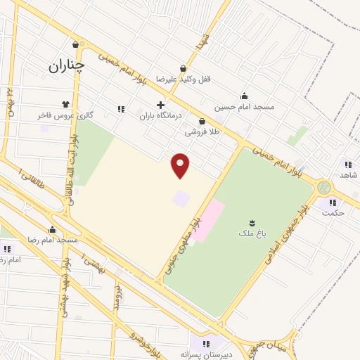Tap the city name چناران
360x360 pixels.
point(67,67)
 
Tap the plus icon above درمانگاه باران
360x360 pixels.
point(160,105)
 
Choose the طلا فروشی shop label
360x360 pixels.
point(202,131)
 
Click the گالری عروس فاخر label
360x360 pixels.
point(65,115)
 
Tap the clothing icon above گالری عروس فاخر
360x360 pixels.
point(65,105)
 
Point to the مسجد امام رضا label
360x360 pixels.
point(52,240)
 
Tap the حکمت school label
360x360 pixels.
point(332,213)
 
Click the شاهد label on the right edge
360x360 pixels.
point(349,174)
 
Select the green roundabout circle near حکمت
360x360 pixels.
point(323,187)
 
